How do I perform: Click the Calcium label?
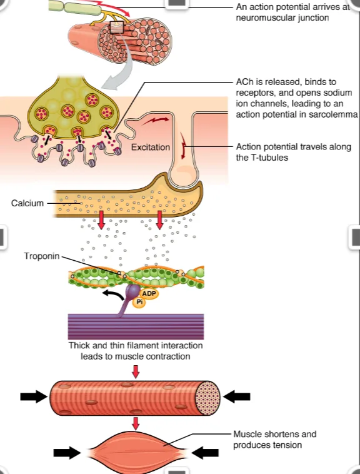tap(27, 203)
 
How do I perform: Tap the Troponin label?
tap(42, 256)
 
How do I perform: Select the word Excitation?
tap(151, 147)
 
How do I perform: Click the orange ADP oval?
tap(149, 293)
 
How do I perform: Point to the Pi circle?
tap(139, 302)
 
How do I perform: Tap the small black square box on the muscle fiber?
tap(117, 28)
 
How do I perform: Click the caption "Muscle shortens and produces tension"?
tap(274, 440)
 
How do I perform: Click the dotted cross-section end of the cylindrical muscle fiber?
tap(207, 398)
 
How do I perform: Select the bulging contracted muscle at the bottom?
tap(136, 452)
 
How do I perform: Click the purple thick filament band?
tap(136, 326)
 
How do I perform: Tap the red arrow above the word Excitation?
tap(156, 120)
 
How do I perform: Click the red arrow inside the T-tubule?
tap(182, 146)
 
